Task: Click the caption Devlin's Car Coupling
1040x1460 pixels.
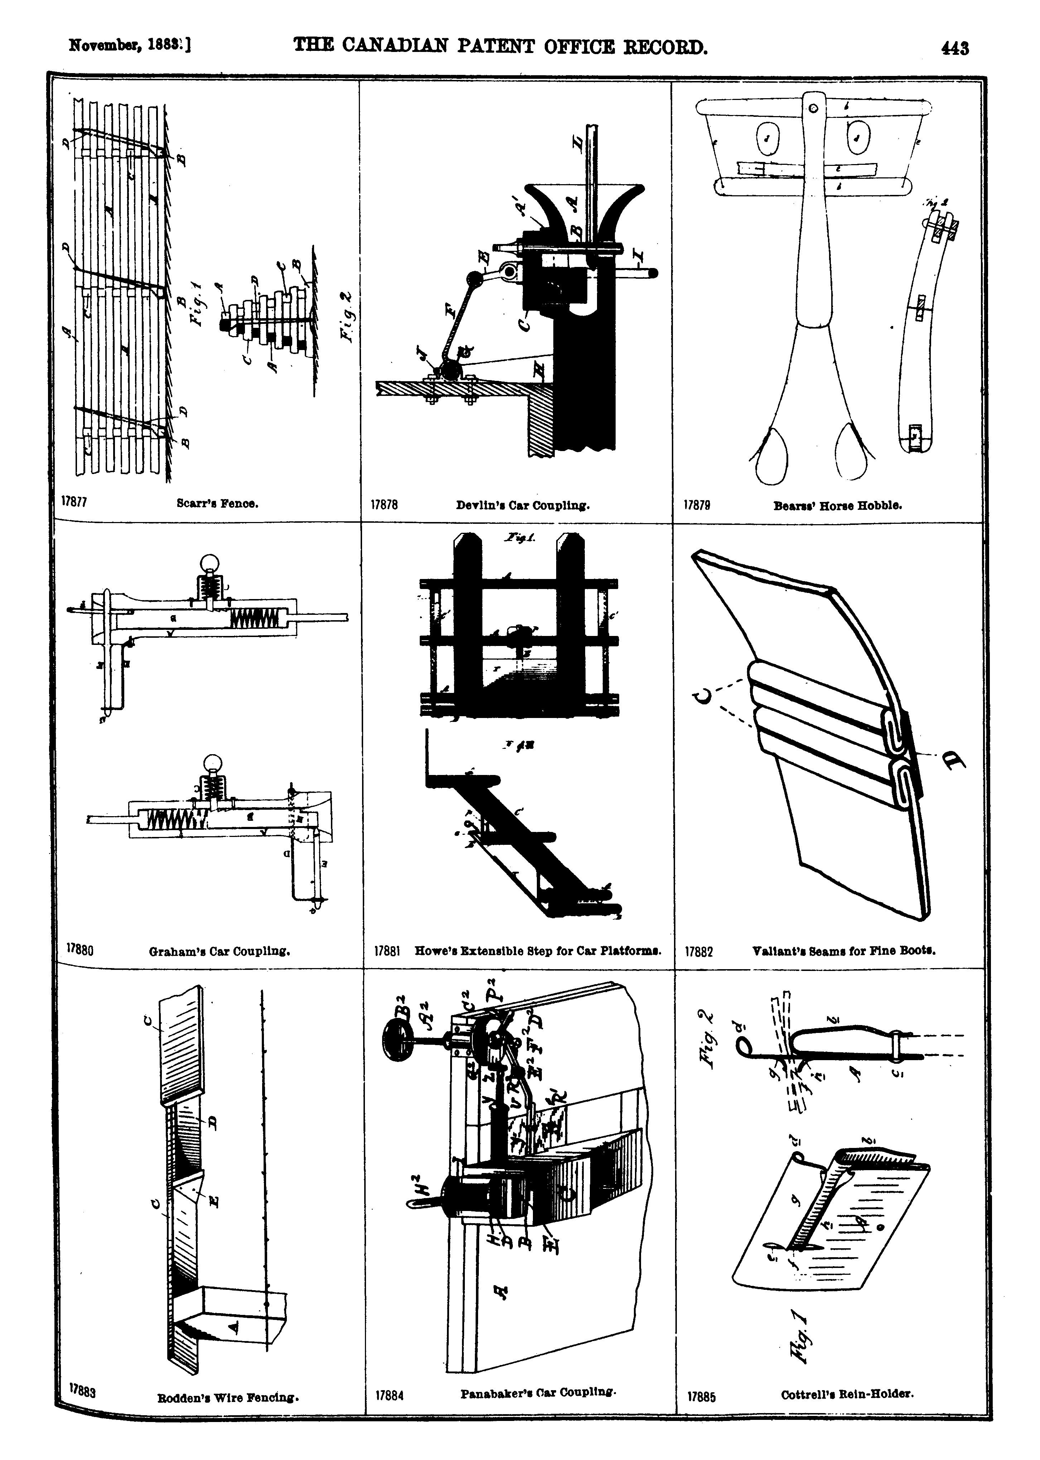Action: (523, 505)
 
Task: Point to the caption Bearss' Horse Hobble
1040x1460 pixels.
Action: (838, 505)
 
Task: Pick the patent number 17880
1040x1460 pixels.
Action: (81, 951)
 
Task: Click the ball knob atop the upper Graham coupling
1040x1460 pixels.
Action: (210, 564)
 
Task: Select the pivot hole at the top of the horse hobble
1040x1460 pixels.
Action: (813, 109)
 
